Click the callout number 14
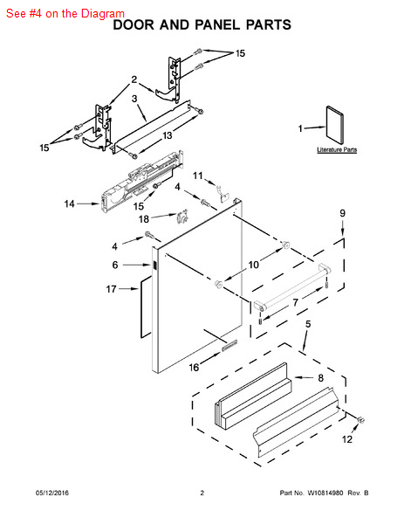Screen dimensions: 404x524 pyautogui.click(x=70, y=203)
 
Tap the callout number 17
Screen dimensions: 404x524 pyautogui.click(x=111, y=289)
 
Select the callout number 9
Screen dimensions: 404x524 pyautogui.click(x=343, y=213)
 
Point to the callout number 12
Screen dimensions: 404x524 pyautogui.click(x=347, y=439)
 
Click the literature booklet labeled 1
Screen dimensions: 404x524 pyautogui.click(x=334, y=125)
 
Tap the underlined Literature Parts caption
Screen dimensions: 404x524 pyautogui.click(x=337, y=149)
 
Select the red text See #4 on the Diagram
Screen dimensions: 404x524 pyautogui.click(x=65, y=13)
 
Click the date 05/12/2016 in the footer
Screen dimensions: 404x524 pyautogui.click(x=52, y=493)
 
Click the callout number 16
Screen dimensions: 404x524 pyautogui.click(x=194, y=368)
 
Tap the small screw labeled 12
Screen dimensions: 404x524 pyautogui.click(x=360, y=420)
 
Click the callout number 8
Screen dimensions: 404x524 pyautogui.click(x=320, y=378)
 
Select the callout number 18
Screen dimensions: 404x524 pyautogui.click(x=144, y=219)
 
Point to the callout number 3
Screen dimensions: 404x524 pyautogui.click(x=134, y=99)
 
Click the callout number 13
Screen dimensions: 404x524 pyautogui.click(x=168, y=135)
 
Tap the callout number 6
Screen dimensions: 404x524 pyautogui.click(x=115, y=265)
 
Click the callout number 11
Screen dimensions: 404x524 pyautogui.click(x=198, y=176)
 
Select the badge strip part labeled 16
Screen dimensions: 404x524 pyautogui.click(x=229, y=345)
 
